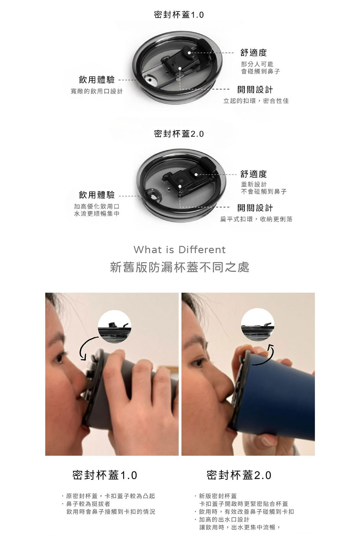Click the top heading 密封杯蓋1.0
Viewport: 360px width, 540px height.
coord(179,15)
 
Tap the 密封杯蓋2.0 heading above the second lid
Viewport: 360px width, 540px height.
coord(179,134)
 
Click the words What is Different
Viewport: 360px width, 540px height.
coord(180,249)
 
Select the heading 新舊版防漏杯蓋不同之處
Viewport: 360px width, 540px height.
coord(180,267)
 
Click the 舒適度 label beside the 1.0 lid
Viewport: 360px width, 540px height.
coord(253,52)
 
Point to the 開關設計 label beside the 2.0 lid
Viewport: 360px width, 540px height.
coord(255,208)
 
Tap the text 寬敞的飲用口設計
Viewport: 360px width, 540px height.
coord(96,91)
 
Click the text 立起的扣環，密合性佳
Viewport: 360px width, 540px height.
coord(256,101)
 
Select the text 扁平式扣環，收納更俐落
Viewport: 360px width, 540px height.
coord(256,219)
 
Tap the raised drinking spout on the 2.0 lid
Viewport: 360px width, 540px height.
coord(152,195)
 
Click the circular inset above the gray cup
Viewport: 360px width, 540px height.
coord(114,327)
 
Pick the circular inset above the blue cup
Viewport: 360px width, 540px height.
coord(257,324)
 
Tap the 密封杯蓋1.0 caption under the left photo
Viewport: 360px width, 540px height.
coord(105,475)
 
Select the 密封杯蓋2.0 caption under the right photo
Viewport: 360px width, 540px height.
coord(239,475)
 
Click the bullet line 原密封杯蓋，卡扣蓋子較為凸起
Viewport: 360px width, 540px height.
coord(108,496)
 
